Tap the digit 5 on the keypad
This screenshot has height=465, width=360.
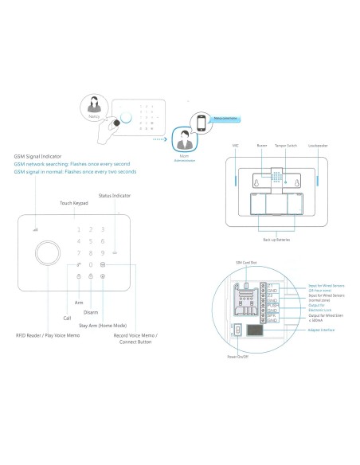91,240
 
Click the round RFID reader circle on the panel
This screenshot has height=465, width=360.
49,256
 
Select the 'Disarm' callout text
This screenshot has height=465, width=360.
90,311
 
